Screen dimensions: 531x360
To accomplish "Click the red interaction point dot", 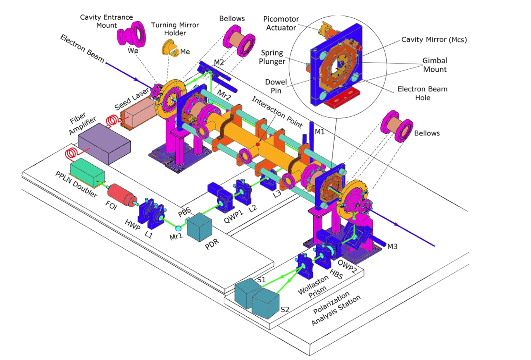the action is click(x=258, y=144).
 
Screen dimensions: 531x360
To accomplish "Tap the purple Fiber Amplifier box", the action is click(x=104, y=144).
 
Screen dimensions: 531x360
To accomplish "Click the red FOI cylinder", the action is click(x=122, y=196).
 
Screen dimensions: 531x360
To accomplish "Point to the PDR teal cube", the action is click(x=200, y=227).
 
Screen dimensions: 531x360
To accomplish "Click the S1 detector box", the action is click(x=248, y=293).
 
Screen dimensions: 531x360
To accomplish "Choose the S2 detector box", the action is click(x=265, y=304).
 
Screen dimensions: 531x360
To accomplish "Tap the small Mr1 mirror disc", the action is click(x=178, y=228).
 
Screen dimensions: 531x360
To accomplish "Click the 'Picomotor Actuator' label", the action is click(x=281, y=23).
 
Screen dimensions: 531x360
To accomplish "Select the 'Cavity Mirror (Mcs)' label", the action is click(x=434, y=39).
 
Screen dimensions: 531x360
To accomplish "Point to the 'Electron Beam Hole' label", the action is click(x=423, y=93).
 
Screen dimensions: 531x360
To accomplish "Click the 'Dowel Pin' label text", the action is click(x=276, y=86).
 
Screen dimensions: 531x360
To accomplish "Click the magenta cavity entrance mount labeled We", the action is click(x=131, y=35).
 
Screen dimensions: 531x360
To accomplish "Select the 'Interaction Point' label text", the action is click(x=277, y=112).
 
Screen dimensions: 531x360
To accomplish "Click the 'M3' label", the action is click(x=392, y=247).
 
